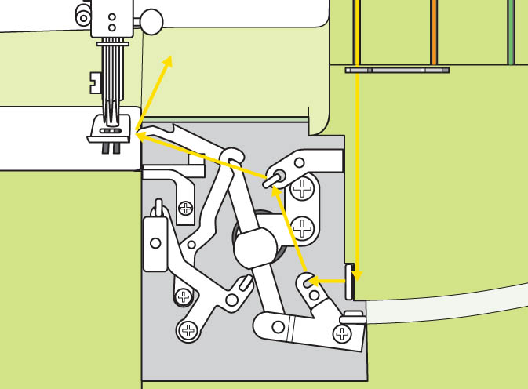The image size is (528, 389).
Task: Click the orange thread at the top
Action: coord(433,31)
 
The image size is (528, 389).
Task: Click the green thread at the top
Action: coord(511,31)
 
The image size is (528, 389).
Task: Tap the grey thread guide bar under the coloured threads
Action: coord(397,70)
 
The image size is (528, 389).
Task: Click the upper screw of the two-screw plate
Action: coord(302,189)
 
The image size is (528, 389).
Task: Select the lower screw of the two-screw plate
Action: coord(302,229)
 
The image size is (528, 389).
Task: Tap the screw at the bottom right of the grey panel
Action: coord(343,334)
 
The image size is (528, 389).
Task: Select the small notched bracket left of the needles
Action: coord(96,81)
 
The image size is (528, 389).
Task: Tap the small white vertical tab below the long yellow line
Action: coord(349,282)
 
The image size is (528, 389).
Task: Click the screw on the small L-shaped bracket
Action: coord(186,208)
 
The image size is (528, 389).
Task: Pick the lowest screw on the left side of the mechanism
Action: coord(188,330)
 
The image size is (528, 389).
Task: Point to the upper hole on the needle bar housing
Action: coord(111,16)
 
